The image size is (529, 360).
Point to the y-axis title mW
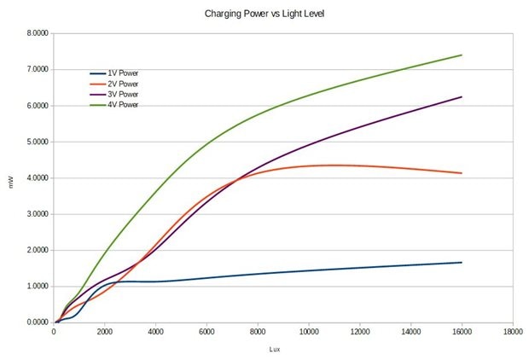tap(11, 179)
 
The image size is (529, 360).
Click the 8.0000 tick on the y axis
tap(37, 33)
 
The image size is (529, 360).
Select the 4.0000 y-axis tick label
tap(37, 178)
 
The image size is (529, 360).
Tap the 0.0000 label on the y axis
tap(37, 322)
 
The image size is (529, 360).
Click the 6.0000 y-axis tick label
tap(37, 106)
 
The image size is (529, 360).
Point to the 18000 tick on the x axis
tap(512, 333)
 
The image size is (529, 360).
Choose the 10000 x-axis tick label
tap(308, 333)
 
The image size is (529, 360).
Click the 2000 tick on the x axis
tap(104, 333)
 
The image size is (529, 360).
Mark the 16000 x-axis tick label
tap(461, 333)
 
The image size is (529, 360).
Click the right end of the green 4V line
tap(462, 55)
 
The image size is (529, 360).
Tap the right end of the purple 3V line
tap(462, 97)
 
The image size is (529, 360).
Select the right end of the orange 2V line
tap(462, 173)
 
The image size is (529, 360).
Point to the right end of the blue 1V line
tap(462, 263)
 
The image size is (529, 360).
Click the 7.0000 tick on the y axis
tap(37, 69)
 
